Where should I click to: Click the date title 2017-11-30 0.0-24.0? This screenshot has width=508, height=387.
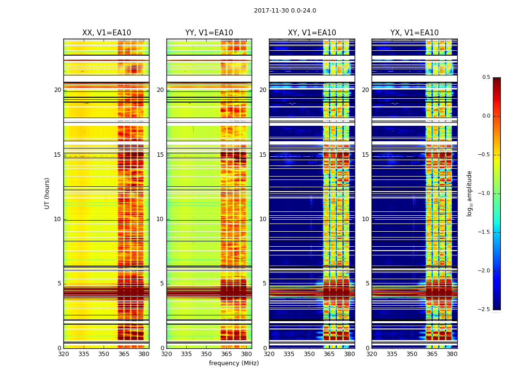coord(285,11)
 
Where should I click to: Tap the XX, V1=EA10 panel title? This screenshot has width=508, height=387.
coord(106,33)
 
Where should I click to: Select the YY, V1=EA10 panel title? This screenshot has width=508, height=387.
coord(209,33)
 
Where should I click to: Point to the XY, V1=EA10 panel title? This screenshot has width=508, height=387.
coord(312,33)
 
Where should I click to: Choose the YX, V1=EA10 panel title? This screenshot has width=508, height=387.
coord(415,33)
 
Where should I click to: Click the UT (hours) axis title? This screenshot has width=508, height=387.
coord(47,193)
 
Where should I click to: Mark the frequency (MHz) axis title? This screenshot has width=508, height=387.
coord(234,363)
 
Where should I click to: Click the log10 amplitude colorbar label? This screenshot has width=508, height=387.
coord(469,193)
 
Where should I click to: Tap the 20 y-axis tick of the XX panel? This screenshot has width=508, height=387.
coord(58,90)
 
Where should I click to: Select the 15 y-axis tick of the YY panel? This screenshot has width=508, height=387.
coord(160,155)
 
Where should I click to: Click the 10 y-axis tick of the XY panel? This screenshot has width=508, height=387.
coord(263,219)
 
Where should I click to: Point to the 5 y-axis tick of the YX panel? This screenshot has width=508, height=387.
coord(367,283)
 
